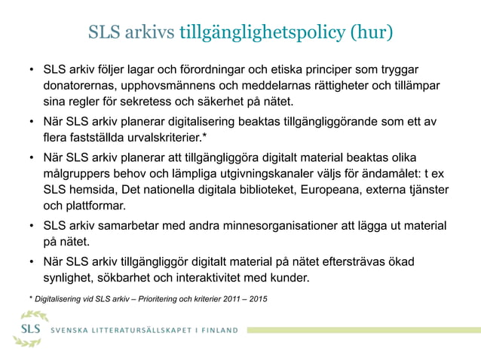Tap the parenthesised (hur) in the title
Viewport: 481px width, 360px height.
370,33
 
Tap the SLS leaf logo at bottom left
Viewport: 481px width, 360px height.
31,329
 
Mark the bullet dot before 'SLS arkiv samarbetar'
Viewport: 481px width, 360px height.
32,226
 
